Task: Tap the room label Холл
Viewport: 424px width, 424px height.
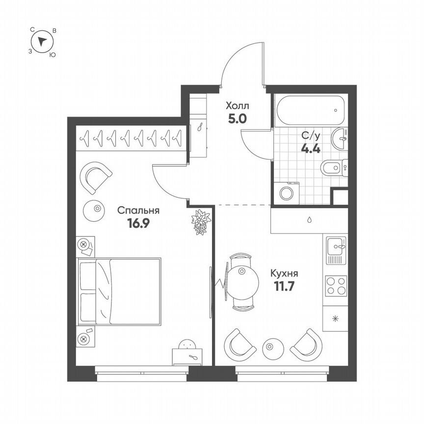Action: coord(238,106)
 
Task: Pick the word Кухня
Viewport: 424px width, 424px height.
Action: coord(284,273)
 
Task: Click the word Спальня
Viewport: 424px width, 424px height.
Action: coord(138,211)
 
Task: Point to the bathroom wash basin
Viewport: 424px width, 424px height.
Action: coord(340,139)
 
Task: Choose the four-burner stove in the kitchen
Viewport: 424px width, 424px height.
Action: coord(336,286)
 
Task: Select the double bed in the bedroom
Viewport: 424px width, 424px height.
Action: coord(120,291)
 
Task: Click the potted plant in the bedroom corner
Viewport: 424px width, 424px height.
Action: coord(200,222)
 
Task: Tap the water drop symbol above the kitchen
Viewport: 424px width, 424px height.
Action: coord(310,219)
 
